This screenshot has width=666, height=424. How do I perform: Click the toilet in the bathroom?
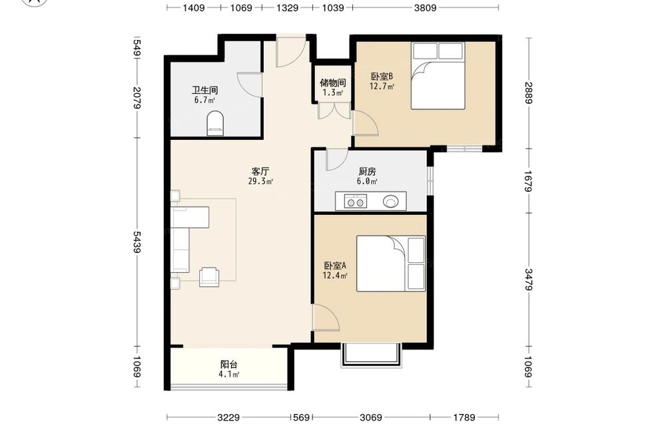(215, 123)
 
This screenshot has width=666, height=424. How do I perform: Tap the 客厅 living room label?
(260, 172)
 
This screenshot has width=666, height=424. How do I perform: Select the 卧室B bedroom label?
(382, 77)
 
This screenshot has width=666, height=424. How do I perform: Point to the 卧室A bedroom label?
(335, 266)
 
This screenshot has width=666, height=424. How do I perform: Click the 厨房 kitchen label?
(367, 172)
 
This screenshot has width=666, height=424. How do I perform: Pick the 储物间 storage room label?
(332, 83)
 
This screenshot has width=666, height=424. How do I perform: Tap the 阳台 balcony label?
(229, 364)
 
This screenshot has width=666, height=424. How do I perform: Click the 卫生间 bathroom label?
(204, 90)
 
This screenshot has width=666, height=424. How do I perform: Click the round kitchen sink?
(391, 201)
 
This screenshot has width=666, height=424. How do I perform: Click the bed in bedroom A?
(391, 264)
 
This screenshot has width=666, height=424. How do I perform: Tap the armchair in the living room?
(209, 276)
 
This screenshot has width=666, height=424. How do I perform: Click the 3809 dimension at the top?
(425, 7)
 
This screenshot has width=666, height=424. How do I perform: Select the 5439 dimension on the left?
(137, 242)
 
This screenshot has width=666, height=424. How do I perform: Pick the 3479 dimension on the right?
(529, 280)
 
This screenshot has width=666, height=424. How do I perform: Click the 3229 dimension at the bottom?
(228, 417)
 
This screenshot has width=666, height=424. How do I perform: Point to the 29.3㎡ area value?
(260, 182)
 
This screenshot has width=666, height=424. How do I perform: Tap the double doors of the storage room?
(334, 110)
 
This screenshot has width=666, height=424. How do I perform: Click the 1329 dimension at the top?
(287, 7)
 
